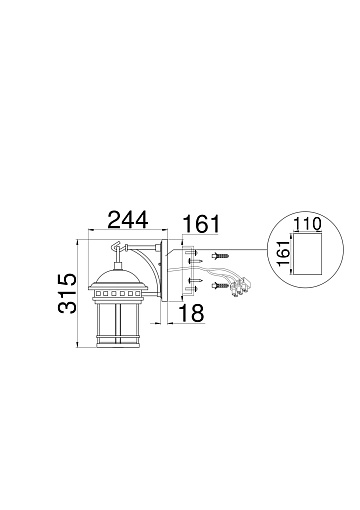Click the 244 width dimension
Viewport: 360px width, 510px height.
click(x=128, y=219)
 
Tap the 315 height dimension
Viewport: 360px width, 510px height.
click(x=67, y=293)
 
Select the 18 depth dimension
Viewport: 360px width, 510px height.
click(x=192, y=313)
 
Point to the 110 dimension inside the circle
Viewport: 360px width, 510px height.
click(x=307, y=224)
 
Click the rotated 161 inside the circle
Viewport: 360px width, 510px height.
click(x=284, y=253)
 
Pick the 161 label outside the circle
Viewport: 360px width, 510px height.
click(x=202, y=224)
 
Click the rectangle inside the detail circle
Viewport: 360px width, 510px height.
click(x=306, y=254)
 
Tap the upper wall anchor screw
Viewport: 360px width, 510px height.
click(x=220, y=256)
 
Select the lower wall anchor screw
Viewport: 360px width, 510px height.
click(x=220, y=285)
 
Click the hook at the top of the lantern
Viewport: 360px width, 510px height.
click(x=116, y=246)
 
